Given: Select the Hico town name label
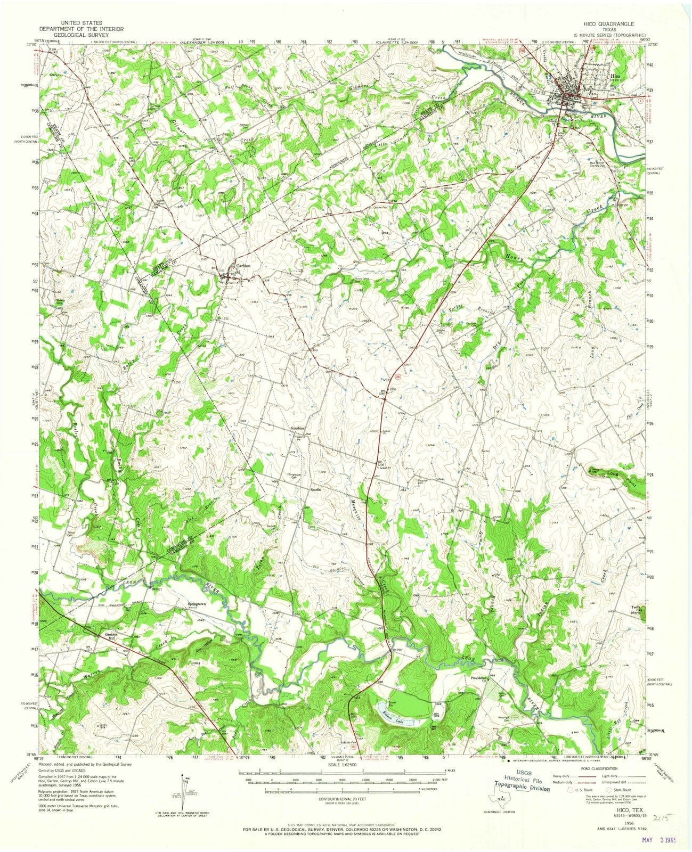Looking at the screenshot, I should coord(615,76).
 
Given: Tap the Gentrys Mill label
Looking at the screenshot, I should coord(110,637).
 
